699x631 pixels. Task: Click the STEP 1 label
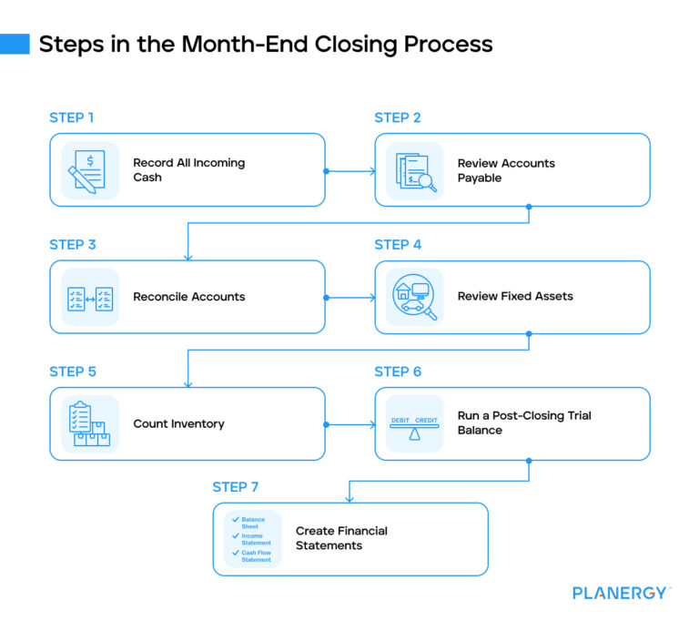pyautogui.click(x=71, y=117)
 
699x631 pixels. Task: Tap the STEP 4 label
pyautogui.click(x=398, y=245)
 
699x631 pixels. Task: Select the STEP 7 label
pyautogui.click(x=235, y=487)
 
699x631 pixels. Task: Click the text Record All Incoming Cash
pyautogui.click(x=188, y=170)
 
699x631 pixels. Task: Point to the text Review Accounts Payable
pyautogui.click(x=505, y=170)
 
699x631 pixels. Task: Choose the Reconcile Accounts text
pyautogui.click(x=188, y=297)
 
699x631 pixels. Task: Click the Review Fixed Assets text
pyautogui.click(x=515, y=297)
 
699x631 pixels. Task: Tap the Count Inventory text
pyautogui.click(x=178, y=423)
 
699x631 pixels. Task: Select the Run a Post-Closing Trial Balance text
pyautogui.click(x=523, y=422)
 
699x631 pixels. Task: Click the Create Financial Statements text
pyautogui.click(x=341, y=538)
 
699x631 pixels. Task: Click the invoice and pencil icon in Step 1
pyautogui.click(x=89, y=170)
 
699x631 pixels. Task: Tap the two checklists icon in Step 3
pyautogui.click(x=89, y=298)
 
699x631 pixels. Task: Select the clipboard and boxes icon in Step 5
pyautogui.click(x=89, y=424)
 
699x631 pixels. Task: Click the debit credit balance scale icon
pyautogui.click(x=415, y=424)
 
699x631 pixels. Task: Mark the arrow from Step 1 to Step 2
pyautogui.click(x=350, y=170)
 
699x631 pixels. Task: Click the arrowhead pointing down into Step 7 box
pyautogui.click(x=349, y=497)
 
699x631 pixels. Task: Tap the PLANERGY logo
pyautogui.click(x=621, y=593)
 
